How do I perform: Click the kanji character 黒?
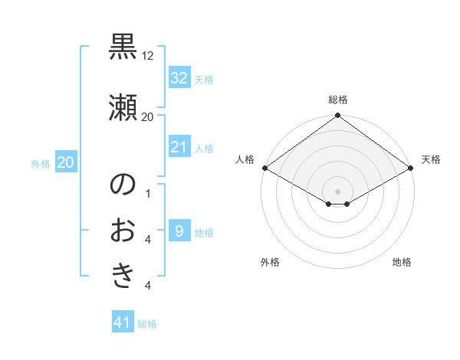tap(123, 47)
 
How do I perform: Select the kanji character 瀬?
tap(123, 106)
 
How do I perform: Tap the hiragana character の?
tap(123, 185)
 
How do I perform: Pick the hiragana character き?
tap(123, 276)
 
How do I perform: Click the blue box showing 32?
tap(179, 78)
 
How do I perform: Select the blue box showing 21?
tap(179, 147)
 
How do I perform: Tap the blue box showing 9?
tap(179, 231)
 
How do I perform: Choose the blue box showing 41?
tap(123, 323)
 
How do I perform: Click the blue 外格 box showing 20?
tap(66, 162)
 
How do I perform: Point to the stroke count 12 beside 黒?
tap(148, 56)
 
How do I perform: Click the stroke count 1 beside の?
tap(148, 193)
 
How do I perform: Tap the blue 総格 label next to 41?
tap(147, 324)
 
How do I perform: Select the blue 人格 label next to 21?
tap(204, 148)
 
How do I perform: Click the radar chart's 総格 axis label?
tap(338, 100)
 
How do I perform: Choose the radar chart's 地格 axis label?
tap(402, 262)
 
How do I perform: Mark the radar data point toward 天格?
tap(411, 168)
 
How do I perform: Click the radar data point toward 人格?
tap(264, 168)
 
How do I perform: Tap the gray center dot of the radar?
tap(338, 191)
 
